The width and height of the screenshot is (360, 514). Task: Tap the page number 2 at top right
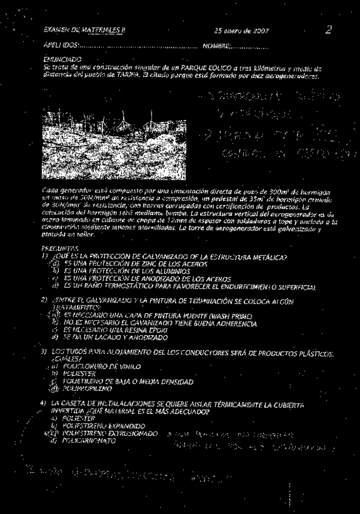click(328, 28)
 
